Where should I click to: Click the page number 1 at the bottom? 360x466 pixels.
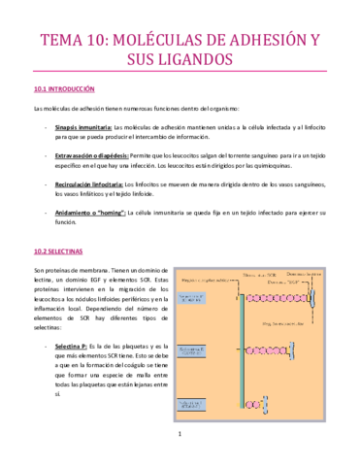[180, 448]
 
